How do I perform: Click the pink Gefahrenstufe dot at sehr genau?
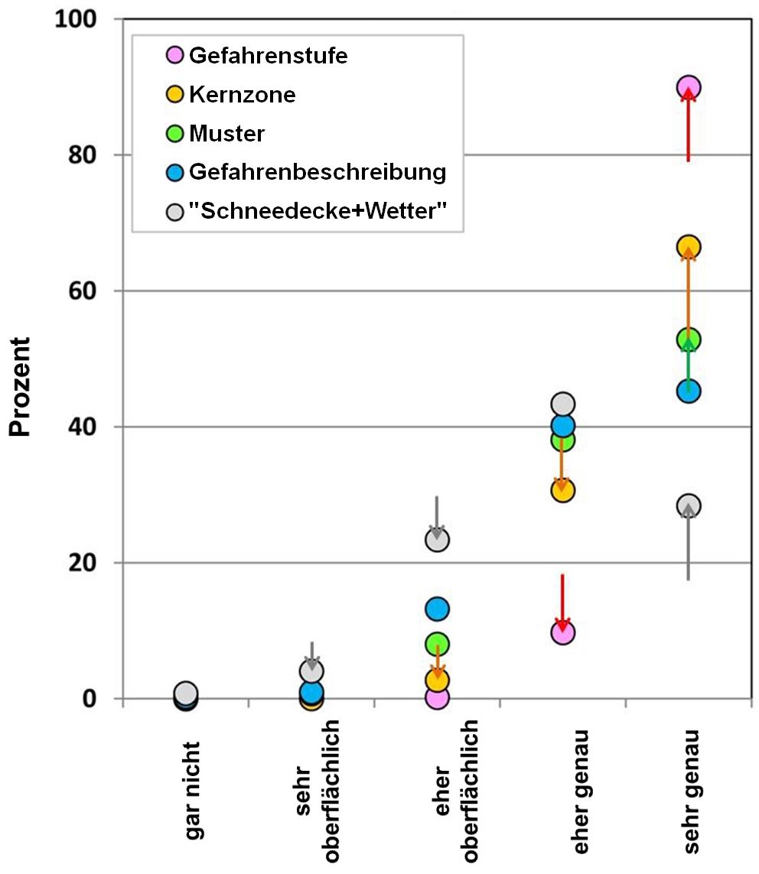[689, 87]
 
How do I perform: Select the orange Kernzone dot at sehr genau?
[689, 247]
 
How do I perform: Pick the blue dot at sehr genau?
[689, 392]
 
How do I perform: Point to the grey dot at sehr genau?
[689, 505]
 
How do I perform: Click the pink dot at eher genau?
[562, 632]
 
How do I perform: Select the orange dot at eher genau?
[562, 490]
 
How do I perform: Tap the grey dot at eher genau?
[562, 404]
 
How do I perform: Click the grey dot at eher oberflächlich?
[436, 539]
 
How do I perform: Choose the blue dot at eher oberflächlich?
[436, 609]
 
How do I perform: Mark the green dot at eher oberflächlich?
[436, 643]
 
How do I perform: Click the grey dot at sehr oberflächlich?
[311, 671]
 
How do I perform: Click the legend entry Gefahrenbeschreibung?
[317, 171]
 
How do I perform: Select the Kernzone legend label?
[242, 95]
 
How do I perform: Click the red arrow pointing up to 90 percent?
[689, 126]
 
